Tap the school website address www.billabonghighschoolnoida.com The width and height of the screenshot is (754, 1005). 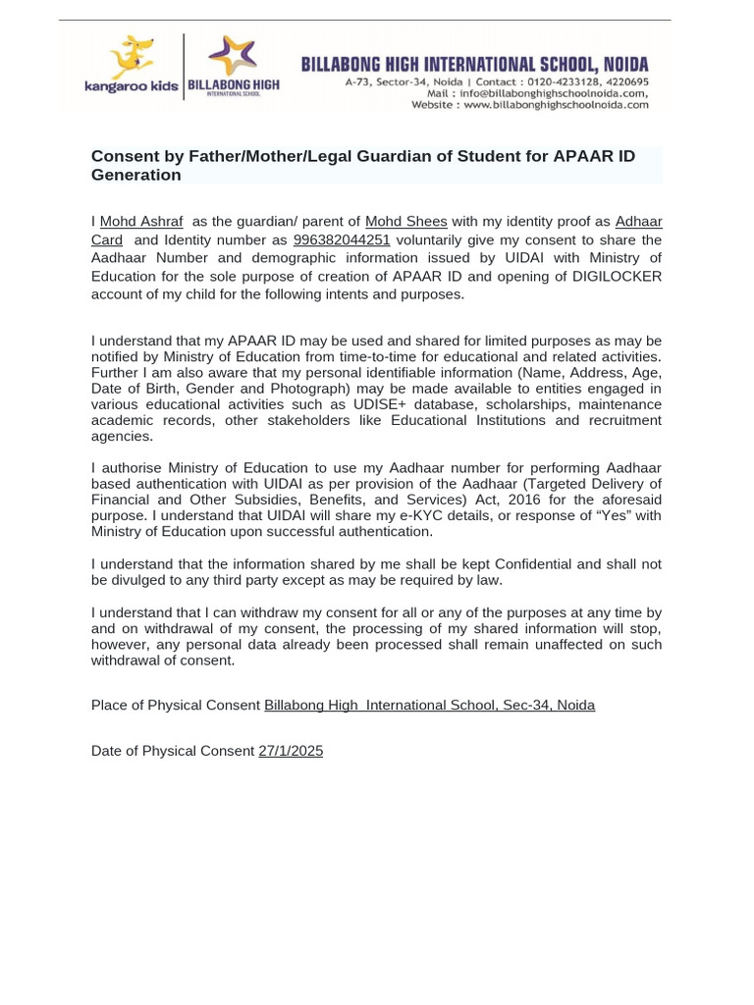556,105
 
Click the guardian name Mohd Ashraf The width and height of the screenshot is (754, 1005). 141,222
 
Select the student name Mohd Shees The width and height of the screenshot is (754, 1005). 405,222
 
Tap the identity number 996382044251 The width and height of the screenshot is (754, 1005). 342,240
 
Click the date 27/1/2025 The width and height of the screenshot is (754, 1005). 291,751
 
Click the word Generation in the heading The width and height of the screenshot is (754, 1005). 135,176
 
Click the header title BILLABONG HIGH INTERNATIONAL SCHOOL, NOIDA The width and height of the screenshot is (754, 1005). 474,65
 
